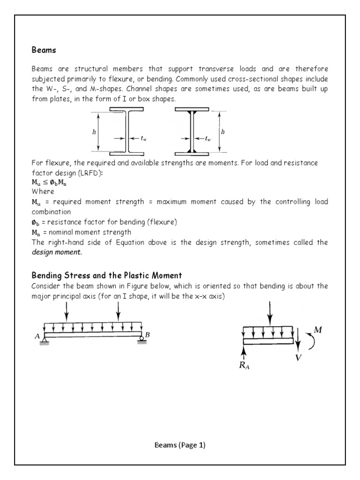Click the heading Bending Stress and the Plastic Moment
click(106, 275)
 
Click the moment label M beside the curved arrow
click(318, 330)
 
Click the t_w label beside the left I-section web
click(144, 138)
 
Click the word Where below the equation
click(43, 191)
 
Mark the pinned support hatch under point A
click(45, 342)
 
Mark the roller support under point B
click(141, 341)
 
